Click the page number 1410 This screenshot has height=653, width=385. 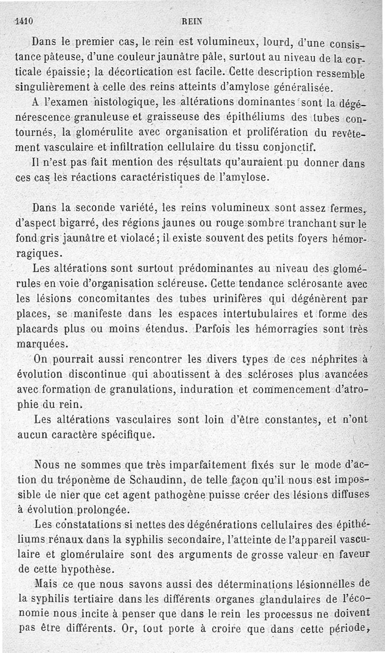[x=23, y=21]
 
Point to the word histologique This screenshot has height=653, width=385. [x=122, y=102]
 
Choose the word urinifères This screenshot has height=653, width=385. [x=234, y=299]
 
